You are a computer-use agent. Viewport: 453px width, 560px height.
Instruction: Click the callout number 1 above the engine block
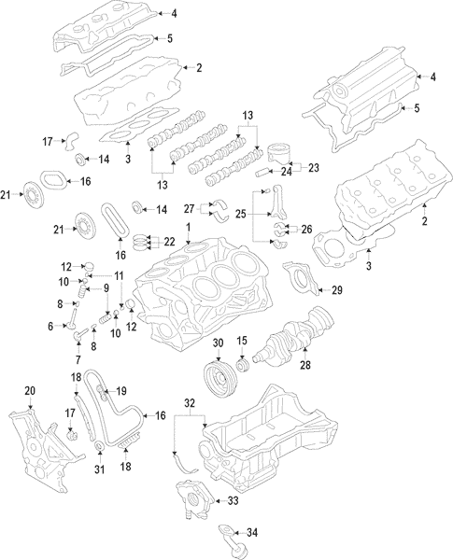pyautogui.click(x=188, y=227)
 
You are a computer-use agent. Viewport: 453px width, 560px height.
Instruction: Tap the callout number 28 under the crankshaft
pyautogui.click(x=305, y=365)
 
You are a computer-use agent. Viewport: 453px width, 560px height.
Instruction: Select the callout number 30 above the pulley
pyautogui.click(x=219, y=343)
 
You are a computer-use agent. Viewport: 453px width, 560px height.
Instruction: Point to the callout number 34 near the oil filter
pyautogui.click(x=251, y=533)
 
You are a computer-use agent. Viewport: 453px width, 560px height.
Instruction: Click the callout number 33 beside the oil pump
pyautogui.click(x=233, y=501)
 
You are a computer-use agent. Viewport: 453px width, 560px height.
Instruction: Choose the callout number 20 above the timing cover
pyautogui.click(x=30, y=391)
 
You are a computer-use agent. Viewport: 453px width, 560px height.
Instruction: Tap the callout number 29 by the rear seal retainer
pyautogui.click(x=337, y=290)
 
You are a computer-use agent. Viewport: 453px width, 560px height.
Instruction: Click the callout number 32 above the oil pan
pyautogui.click(x=190, y=403)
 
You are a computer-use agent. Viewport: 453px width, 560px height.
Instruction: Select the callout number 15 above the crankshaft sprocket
pyautogui.click(x=242, y=341)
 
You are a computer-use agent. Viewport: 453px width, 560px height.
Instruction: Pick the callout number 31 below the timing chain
pyautogui.click(x=100, y=469)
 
